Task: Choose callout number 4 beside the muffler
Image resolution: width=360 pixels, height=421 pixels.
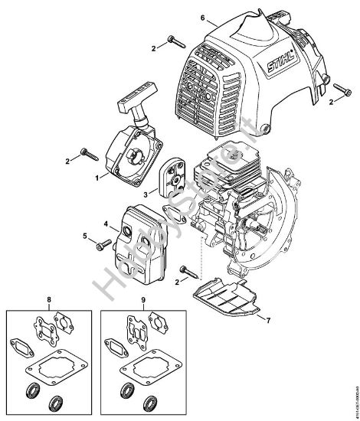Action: click(104, 224)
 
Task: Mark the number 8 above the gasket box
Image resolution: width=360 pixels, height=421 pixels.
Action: click(50, 299)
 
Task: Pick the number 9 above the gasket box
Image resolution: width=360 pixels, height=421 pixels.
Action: click(144, 299)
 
